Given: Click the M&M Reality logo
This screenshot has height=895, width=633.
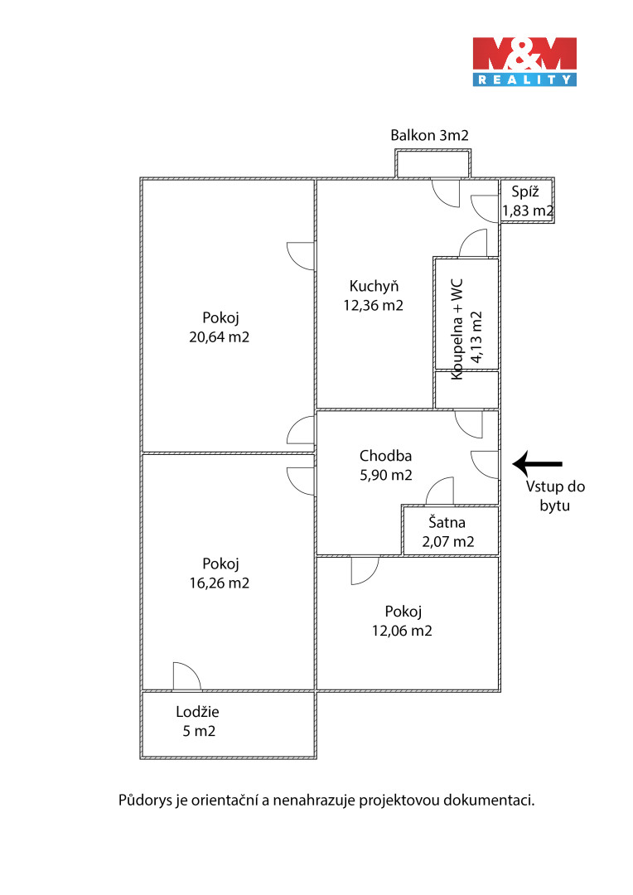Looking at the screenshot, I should [524, 60].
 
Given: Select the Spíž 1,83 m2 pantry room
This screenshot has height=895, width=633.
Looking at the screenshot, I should [527, 201].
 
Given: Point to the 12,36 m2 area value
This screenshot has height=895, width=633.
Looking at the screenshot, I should [374, 305].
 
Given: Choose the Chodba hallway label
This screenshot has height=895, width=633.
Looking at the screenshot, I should [385, 455].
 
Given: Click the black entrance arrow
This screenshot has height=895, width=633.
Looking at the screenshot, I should [538, 463].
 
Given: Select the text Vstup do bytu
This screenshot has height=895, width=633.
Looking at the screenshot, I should [548, 496].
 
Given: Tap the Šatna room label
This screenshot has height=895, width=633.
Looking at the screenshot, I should [447, 523].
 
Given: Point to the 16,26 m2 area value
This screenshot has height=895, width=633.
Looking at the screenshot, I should [220, 583].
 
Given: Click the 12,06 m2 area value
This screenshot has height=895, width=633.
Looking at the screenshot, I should [403, 631].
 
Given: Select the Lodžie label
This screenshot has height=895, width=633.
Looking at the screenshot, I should [197, 711].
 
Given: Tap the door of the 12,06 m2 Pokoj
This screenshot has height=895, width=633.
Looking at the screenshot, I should [365, 569].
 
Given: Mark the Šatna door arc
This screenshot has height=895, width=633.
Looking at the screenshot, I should [440, 491].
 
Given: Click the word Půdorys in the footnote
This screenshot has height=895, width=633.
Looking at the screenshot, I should [147, 801].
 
